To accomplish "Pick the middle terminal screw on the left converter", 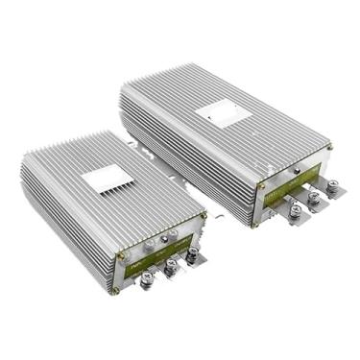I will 172,267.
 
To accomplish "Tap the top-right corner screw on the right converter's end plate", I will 329,148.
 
